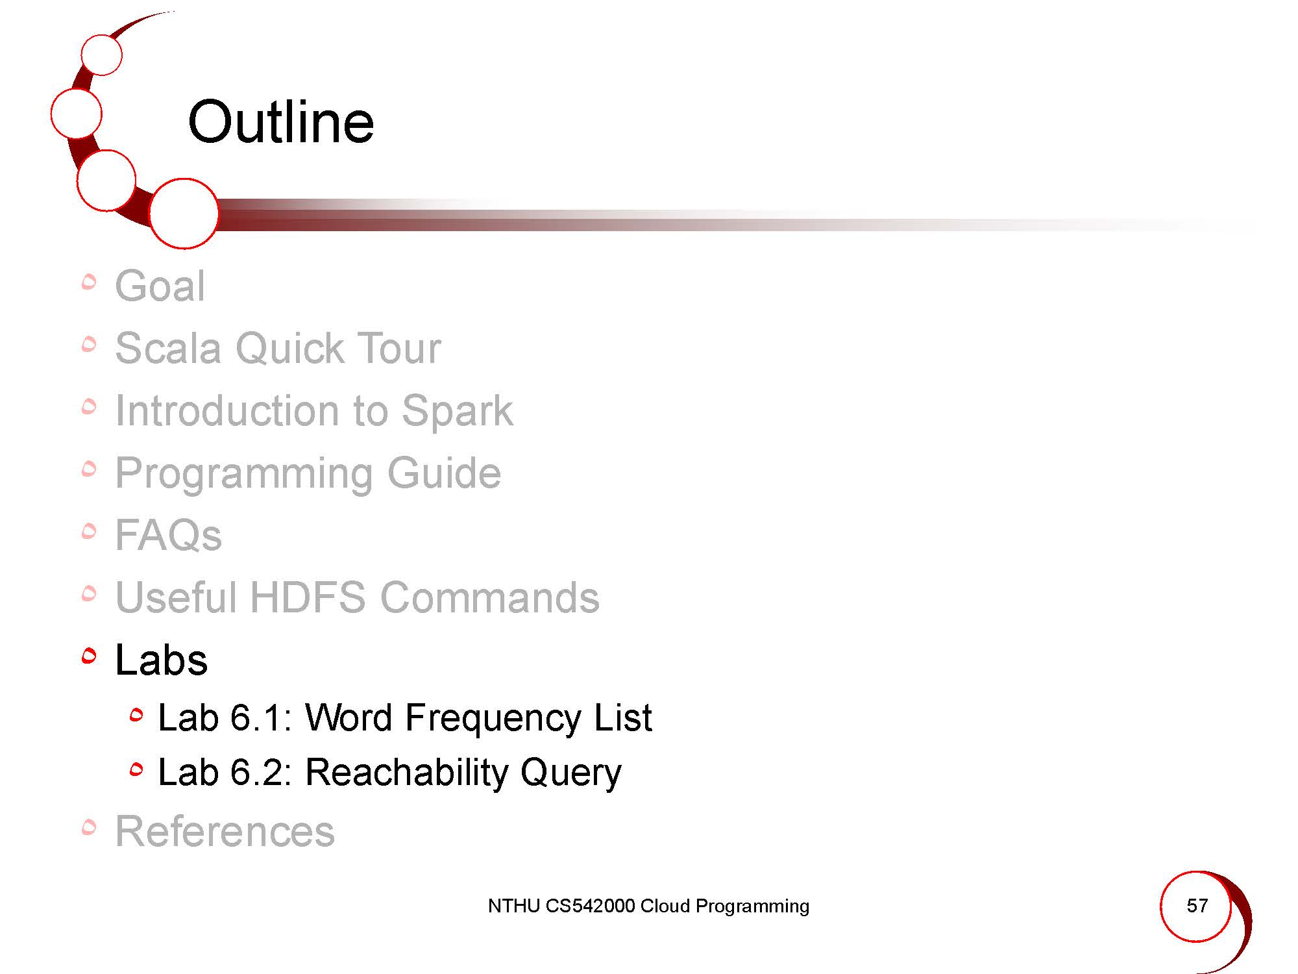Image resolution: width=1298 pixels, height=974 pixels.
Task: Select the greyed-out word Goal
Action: point(160,286)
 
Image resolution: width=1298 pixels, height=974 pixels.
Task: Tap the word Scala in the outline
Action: point(167,348)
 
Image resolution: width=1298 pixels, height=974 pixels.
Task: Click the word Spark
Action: point(457,412)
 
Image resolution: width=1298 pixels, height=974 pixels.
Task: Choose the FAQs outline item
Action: point(169,535)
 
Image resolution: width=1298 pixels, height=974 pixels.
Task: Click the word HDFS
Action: point(308,597)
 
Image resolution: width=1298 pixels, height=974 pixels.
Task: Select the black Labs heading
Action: point(162,660)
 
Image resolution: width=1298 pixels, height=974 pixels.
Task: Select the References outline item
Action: point(225,831)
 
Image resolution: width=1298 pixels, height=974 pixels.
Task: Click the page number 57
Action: point(1197,906)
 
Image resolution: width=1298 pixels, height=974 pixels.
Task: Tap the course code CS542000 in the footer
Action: point(590,906)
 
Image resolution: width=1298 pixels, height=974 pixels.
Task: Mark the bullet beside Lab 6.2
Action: point(136,770)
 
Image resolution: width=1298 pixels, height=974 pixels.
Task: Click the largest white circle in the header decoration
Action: point(184,214)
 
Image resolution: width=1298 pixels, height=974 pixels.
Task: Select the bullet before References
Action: point(90,827)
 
